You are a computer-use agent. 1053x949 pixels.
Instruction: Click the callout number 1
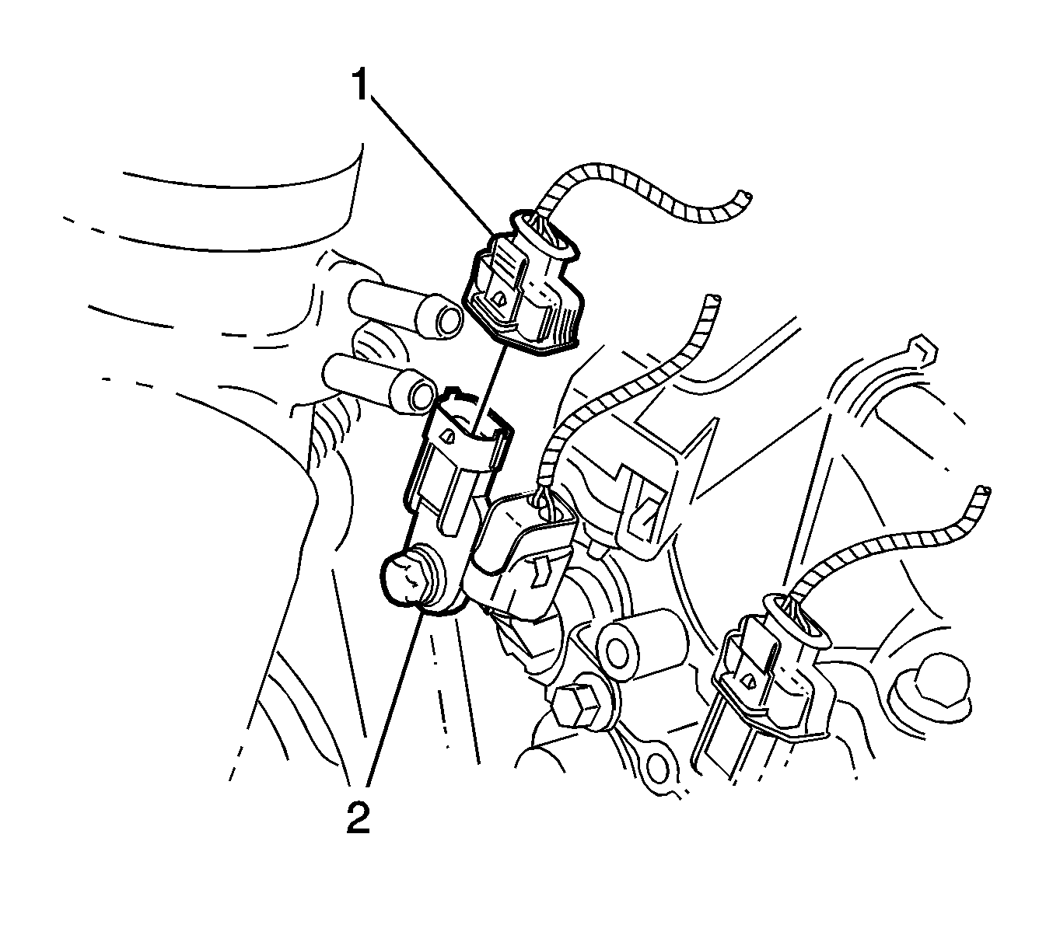pyautogui.click(x=361, y=85)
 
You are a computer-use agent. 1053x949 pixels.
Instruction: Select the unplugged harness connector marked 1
pyautogui.click(x=523, y=283)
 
